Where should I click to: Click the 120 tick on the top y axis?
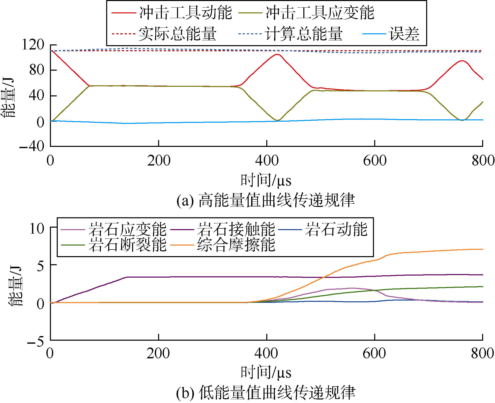pyautogui.click(x=33, y=45)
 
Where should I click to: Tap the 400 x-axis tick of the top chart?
pyautogui.click(x=267, y=161)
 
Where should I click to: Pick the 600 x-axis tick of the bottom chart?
pyautogui.click(x=374, y=353)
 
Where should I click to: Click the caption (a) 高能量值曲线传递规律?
pyautogui.click(x=266, y=200)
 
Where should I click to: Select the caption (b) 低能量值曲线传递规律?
pyautogui.click(x=266, y=393)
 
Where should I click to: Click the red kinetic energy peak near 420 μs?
pyautogui.click(x=277, y=54)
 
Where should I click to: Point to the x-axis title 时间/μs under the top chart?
pyautogui.click(x=266, y=180)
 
